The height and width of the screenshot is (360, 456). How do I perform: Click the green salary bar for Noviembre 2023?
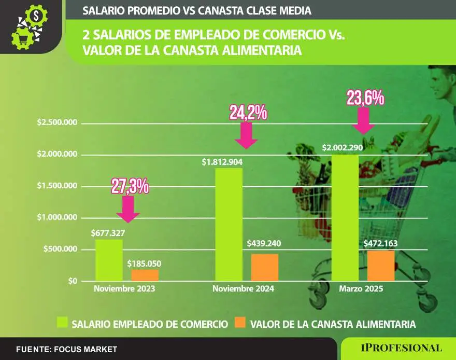click(109, 260)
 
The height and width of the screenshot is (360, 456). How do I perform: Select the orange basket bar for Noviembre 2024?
click(264, 267)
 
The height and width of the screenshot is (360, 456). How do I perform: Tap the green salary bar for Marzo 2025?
click(345, 218)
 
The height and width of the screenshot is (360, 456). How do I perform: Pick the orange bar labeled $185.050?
click(145, 275)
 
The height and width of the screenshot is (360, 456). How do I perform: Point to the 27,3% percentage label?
click(131, 186)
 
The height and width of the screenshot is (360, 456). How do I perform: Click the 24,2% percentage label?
click(248, 113)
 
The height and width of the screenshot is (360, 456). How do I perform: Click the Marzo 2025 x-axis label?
click(361, 289)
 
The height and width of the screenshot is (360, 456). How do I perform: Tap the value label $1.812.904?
click(222, 162)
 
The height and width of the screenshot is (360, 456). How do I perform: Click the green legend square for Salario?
click(62, 324)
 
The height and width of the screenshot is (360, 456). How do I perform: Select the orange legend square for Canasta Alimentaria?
click(239, 324)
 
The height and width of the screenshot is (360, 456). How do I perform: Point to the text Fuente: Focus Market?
click(66, 350)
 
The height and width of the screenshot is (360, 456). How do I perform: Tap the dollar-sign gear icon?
click(36, 16)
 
